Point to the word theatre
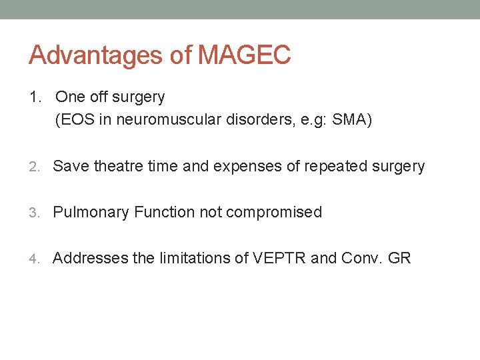(119, 167)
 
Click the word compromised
(274, 213)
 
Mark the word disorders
(242, 121)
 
